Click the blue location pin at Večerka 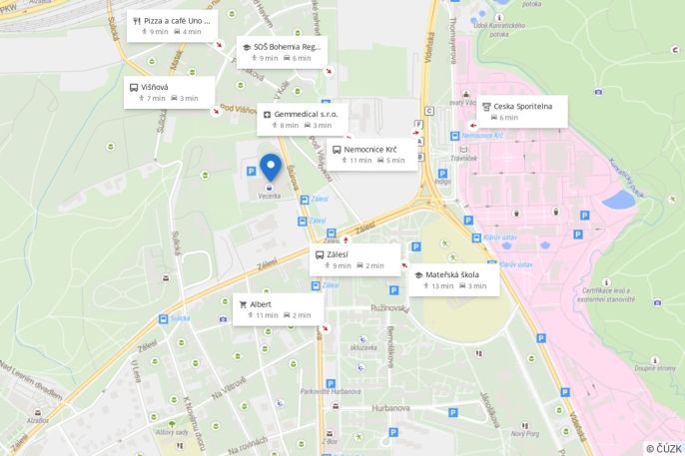(x=270, y=166)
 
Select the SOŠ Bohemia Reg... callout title (x=287, y=47)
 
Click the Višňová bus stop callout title (x=155, y=87)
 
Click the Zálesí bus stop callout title (x=338, y=254)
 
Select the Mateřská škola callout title (x=452, y=274)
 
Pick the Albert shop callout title (x=261, y=303)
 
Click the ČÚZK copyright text (x=663, y=448)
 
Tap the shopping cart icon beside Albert (x=243, y=303)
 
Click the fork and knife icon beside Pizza (x=136, y=20)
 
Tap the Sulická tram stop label (x=180, y=318)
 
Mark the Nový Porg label (x=525, y=433)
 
